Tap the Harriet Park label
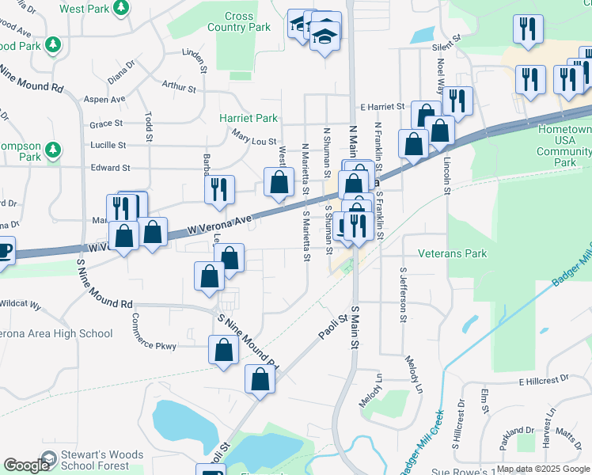click(x=249, y=118)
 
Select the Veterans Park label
click(x=453, y=253)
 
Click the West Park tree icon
click(x=121, y=9)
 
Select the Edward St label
click(x=110, y=168)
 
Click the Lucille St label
click(x=108, y=146)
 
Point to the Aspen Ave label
click(x=104, y=100)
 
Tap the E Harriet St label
click(x=381, y=106)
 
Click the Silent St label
click(x=446, y=47)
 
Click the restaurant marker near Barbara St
click(x=219, y=189)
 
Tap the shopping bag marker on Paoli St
click(x=260, y=379)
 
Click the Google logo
click(x=27, y=465)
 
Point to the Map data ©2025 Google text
click(x=542, y=469)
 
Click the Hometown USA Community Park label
click(x=565, y=145)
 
